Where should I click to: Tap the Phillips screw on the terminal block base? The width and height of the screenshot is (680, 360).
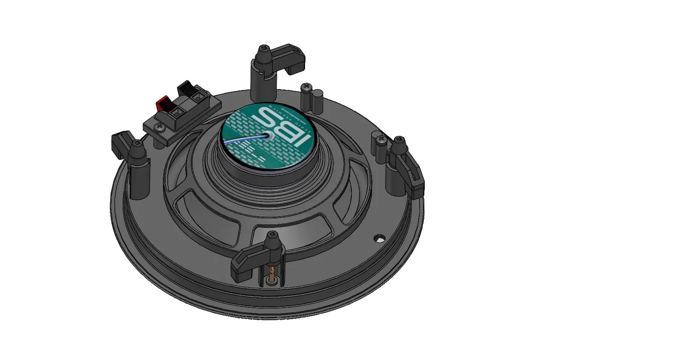pyautogui.click(x=160, y=127)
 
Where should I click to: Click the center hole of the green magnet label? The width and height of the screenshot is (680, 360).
pyautogui.click(x=271, y=136)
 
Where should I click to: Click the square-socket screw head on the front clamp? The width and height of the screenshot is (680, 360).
pyautogui.click(x=272, y=235)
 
